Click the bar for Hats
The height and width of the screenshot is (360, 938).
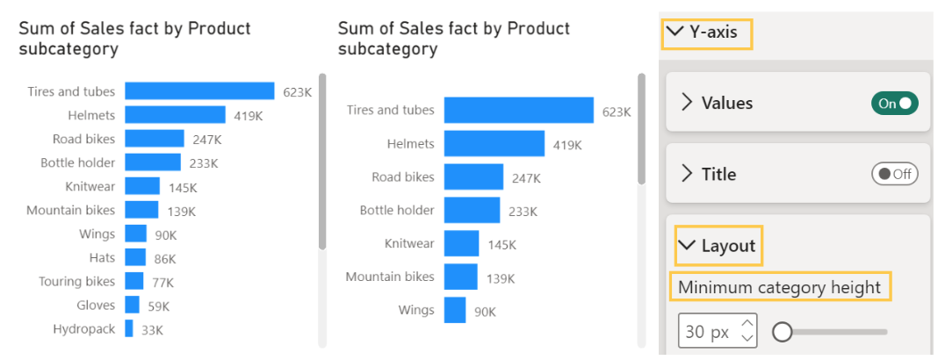pyautogui.click(x=135, y=257)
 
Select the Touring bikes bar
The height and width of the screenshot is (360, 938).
pyautogui.click(x=133, y=281)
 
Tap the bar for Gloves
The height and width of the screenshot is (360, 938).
pyautogui.click(x=132, y=305)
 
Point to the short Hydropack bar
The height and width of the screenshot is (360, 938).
pyautogui.click(x=129, y=328)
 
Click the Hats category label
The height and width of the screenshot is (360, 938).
pyautogui.click(x=102, y=258)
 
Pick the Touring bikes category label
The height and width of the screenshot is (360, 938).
pyautogui.click(x=77, y=282)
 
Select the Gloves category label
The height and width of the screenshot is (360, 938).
pyautogui.click(x=96, y=306)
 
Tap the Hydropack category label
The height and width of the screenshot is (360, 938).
pyautogui.click(x=84, y=329)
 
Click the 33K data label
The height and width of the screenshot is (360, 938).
pyautogui.click(x=152, y=330)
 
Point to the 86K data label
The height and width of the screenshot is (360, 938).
pyautogui.click(x=165, y=259)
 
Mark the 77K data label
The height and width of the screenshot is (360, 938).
pyautogui.click(x=162, y=283)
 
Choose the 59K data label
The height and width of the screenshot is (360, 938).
pyautogui.click(x=159, y=306)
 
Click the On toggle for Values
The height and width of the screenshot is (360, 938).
pyautogui.click(x=894, y=104)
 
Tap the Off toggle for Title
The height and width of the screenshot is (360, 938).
pyautogui.click(x=894, y=174)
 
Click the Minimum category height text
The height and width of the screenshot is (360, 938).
pyautogui.click(x=780, y=287)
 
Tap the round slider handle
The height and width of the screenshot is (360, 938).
pyautogui.click(x=781, y=332)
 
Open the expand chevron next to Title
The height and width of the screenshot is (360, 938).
pyautogui.click(x=688, y=174)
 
